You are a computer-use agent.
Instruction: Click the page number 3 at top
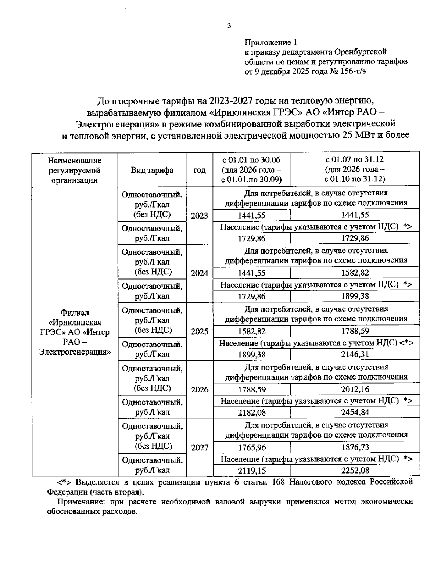click(229, 25)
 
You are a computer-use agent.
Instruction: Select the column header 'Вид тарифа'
click(152, 170)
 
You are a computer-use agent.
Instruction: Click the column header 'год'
click(199, 170)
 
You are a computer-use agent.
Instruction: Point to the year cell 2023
click(199, 216)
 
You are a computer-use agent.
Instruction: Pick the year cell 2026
click(199, 390)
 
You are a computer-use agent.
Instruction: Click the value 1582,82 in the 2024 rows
click(355, 273)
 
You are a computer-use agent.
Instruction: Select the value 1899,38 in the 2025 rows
click(251, 355)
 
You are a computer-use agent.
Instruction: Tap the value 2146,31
click(355, 355)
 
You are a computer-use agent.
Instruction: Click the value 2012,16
click(355, 389)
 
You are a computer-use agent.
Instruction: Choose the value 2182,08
click(251, 413)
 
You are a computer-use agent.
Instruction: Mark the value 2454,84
click(355, 413)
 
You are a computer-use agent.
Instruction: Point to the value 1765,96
click(251, 448)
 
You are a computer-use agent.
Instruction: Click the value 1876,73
click(355, 447)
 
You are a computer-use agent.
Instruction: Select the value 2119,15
click(251, 471)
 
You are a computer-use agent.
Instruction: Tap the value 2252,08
click(355, 471)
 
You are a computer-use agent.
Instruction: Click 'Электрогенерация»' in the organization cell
click(75, 352)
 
